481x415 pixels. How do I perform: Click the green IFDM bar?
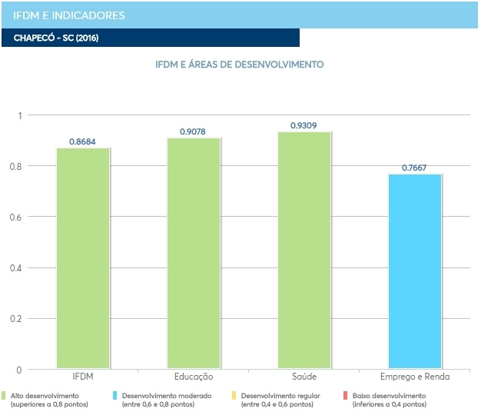[x=83, y=258]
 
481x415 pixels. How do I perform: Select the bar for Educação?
[x=194, y=254]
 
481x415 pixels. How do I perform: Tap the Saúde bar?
[x=304, y=251]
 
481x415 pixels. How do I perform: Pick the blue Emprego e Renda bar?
[x=415, y=271]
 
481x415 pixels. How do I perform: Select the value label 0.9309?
[x=304, y=125]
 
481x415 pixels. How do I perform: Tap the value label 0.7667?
[x=415, y=168]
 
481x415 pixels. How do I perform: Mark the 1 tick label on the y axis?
[x=21, y=115]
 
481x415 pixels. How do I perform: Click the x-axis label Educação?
[x=194, y=377]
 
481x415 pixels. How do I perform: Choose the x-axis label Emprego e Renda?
[x=415, y=377]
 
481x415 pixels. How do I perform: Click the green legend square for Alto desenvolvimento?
[x=5, y=395]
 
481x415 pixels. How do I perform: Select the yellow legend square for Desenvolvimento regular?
[x=234, y=395]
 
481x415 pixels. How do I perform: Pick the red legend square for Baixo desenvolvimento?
[x=346, y=395]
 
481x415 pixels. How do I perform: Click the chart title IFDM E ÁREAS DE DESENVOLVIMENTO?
[x=240, y=65]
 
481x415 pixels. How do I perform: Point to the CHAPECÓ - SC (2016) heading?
[x=55, y=38]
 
